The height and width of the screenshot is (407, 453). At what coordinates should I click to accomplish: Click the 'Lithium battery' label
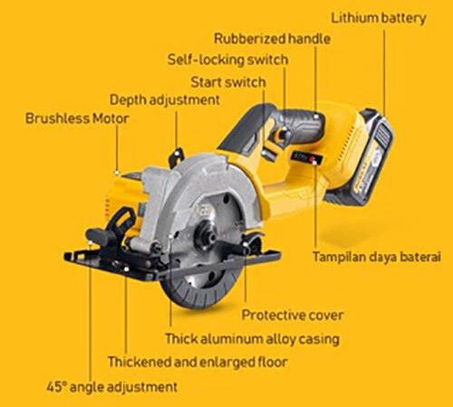click(379, 18)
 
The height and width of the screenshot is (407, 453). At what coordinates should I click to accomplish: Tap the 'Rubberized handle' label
click(272, 39)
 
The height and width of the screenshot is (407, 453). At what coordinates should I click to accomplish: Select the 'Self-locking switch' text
click(227, 60)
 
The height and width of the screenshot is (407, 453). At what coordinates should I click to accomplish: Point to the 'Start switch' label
click(228, 82)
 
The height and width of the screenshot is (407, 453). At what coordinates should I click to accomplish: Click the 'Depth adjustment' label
click(165, 100)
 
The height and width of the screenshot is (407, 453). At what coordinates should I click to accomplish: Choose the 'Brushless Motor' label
click(77, 118)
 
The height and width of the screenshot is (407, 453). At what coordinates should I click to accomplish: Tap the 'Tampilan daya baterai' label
click(377, 257)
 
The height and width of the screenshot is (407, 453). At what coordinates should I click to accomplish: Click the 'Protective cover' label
click(293, 316)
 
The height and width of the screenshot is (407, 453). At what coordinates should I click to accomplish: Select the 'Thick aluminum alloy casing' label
click(252, 339)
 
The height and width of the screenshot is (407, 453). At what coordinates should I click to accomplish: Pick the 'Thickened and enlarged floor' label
click(198, 362)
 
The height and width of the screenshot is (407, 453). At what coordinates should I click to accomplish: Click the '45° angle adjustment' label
click(112, 387)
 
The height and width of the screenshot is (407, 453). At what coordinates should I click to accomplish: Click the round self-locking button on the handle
click(283, 133)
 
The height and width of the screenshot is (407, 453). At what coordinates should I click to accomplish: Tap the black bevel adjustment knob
click(98, 236)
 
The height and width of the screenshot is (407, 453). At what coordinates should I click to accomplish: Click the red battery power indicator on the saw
click(316, 159)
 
